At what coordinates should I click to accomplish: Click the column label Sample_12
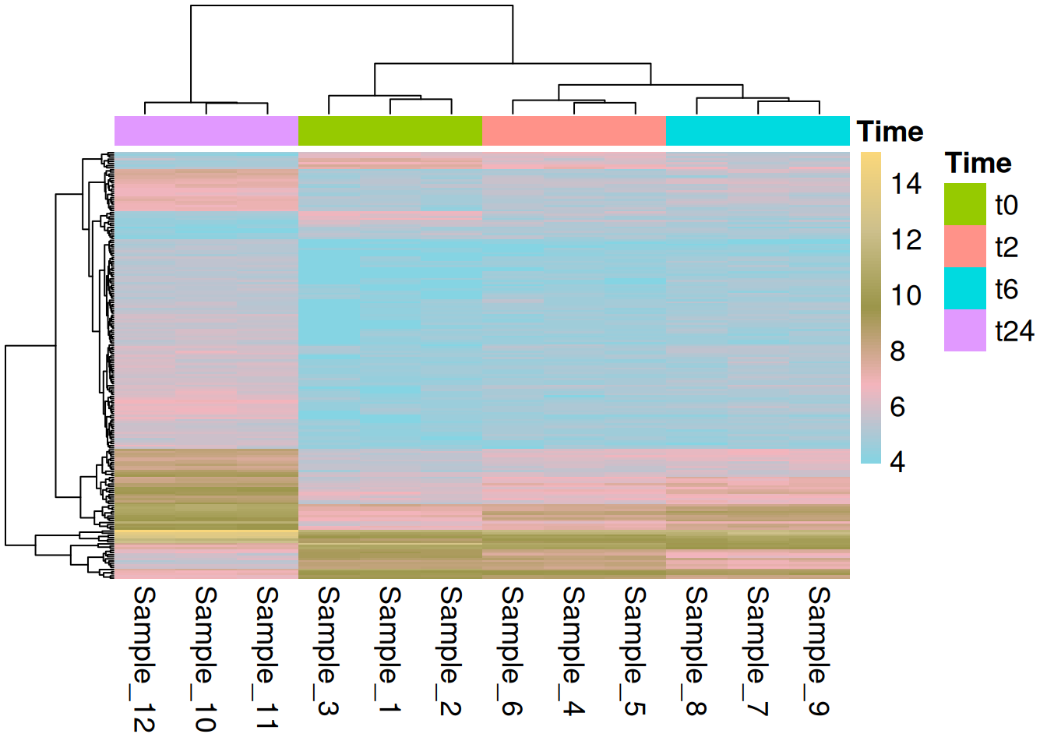(144, 658)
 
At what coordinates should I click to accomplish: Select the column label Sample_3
(328, 651)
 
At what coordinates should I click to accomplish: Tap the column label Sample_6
(512, 651)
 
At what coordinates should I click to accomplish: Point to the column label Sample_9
(819, 651)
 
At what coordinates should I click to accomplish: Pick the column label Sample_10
(206, 658)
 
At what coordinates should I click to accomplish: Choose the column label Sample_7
(757, 651)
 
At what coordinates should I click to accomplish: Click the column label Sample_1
(390, 651)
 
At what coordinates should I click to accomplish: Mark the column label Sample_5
(635, 651)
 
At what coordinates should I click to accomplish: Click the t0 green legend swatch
(964, 205)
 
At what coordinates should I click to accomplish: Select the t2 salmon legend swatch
(964, 247)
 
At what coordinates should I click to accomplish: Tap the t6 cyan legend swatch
(964, 289)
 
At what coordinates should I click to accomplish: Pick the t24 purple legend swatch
(964, 331)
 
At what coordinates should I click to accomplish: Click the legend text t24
(1014, 332)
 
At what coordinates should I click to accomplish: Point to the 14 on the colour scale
(906, 185)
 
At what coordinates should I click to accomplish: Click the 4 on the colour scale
(897, 462)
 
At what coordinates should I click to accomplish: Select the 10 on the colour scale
(906, 296)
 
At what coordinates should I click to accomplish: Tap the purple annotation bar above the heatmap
(206, 131)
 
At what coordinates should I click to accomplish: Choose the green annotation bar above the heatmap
(390, 131)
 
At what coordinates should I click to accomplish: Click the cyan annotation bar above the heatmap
(758, 131)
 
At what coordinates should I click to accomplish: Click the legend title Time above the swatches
(978, 163)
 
